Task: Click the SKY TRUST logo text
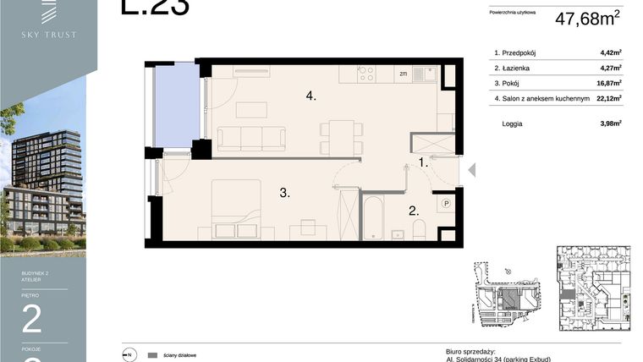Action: point(49,35)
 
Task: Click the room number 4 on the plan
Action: point(311,96)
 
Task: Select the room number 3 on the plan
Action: point(285,193)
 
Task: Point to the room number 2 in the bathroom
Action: point(414,211)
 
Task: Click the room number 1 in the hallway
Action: point(424,162)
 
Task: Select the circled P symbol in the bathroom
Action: point(446,203)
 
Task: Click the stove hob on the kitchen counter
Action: point(366,74)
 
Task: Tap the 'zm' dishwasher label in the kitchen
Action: point(404,74)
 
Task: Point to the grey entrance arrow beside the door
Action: point(471,170)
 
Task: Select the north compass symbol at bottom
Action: point(129,355)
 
